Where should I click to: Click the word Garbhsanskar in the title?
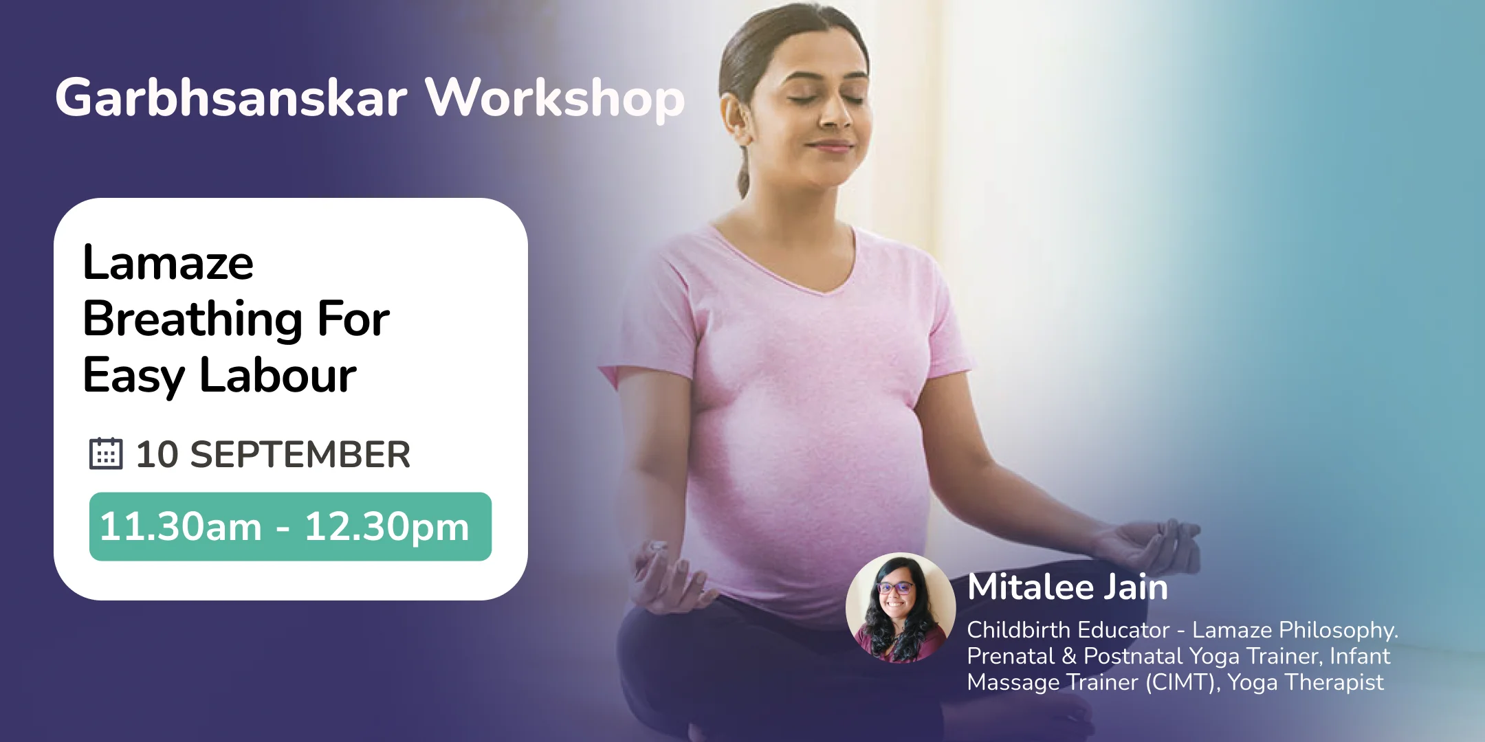point(231,98)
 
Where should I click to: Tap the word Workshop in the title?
point(555,98)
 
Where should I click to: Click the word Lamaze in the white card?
point(168,263)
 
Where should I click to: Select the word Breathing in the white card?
point(192,319)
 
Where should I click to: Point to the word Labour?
point(278,376)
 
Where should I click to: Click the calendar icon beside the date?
point(106,453)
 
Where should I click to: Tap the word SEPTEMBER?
point(300,455)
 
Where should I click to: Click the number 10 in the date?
point(157,455)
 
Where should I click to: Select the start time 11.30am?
point(181,527)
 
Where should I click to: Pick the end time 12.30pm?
point(387,527)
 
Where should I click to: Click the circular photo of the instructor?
point(900,608)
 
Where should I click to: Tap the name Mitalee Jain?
point(1067,587)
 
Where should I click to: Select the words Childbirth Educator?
point(1068,630)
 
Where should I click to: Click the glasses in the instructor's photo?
point(895,588)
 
